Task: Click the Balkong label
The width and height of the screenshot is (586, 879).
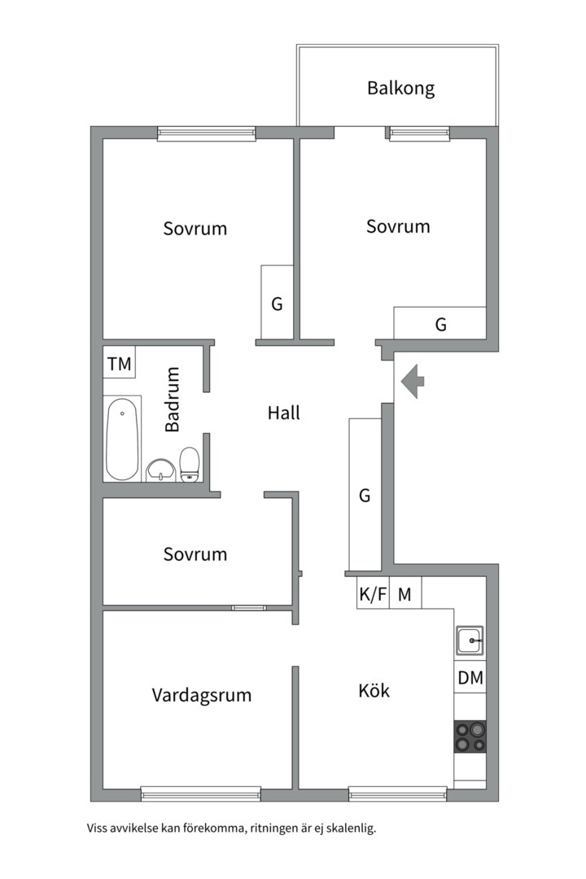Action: coord(400,88)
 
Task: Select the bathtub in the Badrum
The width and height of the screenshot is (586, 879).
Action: coord(122,439)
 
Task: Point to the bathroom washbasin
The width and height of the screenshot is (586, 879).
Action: coord(160,470)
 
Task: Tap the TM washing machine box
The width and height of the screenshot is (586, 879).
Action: coord(119,364)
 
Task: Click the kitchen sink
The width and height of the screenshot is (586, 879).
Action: coord(470,641)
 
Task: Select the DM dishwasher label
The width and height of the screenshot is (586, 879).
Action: coord(470,677)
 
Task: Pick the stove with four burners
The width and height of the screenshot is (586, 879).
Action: coord(470,736)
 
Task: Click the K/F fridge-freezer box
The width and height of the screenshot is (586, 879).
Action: coord(373,594)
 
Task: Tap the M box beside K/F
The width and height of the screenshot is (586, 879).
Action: coord(405,594)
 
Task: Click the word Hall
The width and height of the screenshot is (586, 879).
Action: coord(284,413)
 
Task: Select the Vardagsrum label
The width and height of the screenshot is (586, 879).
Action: coord(201,695)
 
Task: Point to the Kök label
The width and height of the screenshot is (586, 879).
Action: coord(374,691)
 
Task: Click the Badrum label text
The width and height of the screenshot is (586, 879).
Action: coord(172,400)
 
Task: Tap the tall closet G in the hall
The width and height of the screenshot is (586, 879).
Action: coord(365,495)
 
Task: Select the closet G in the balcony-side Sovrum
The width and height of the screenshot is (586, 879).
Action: coord(440,323)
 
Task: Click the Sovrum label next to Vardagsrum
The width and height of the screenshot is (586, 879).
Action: coord(195,554)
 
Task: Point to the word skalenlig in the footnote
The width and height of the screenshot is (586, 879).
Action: coord(349,829)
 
